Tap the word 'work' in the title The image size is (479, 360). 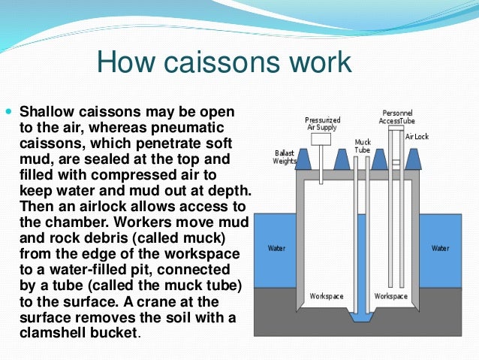[316, 62]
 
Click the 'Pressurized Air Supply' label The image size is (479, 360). [322, 124]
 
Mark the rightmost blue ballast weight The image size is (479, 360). [412, 159]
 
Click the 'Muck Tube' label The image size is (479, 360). [363, 145]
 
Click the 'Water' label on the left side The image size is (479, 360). [276, 247]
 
